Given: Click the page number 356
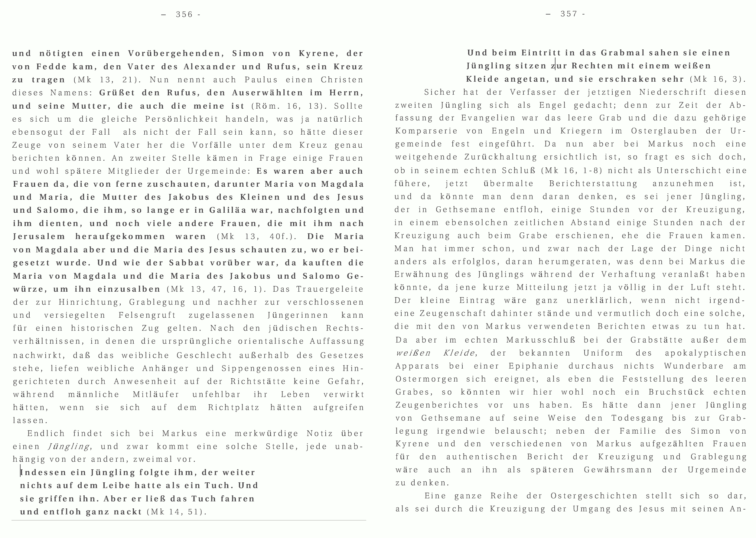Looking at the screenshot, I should point(184,15).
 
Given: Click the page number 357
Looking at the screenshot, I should point(569,14).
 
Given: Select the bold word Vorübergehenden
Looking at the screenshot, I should point(174,53).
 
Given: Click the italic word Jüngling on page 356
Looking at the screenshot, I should point(69,447).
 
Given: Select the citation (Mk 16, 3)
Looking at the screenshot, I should point(717,80).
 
